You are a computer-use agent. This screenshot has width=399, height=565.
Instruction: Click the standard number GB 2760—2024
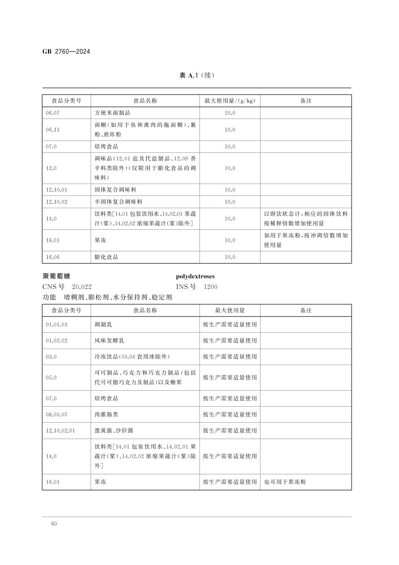[x=66, y=52]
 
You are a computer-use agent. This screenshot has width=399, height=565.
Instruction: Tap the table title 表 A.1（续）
[x=197, y=75]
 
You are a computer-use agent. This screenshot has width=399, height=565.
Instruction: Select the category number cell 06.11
[x=53, y=130]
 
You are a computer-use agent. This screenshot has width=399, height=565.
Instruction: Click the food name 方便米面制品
[x=113, y=113]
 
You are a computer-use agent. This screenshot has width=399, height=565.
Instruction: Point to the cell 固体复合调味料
[x=116, y=190]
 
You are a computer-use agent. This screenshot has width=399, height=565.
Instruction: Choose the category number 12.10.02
[x=57, y=202]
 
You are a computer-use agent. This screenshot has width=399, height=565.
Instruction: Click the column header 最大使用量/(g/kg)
[x=230, y=101]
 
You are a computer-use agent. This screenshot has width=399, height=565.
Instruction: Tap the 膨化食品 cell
[x=106, y=257]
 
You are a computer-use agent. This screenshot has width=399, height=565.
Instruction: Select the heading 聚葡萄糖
[x=56, y=276]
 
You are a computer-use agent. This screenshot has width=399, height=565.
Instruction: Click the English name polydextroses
[x=195, y=276]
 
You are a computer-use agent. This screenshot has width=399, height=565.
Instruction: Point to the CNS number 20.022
[x=82, y=287]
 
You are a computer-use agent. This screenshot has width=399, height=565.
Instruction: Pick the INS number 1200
[x=210, y=287]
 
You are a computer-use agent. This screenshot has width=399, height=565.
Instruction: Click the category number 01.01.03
[x=57, y=325]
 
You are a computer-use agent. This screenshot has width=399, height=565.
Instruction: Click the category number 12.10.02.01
[x=61, y=430]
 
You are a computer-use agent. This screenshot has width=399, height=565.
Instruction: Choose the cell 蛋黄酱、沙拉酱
[x=114, y=430]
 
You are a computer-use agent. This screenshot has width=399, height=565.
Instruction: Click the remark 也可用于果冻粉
[x=285, y=482]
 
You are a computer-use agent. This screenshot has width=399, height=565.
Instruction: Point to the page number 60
[x=54, y=524]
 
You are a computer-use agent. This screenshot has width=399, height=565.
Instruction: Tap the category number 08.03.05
[x=57, y=414]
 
